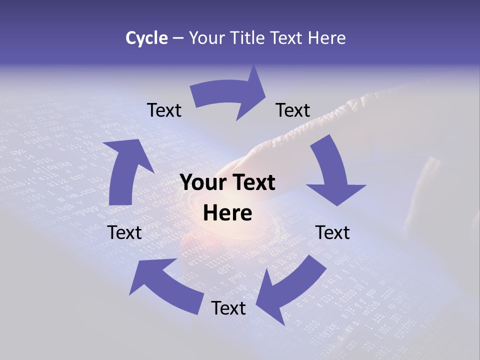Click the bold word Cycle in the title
[146, 38]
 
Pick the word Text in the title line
[287, 38]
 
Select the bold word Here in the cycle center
[227, 213]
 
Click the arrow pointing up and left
[165, 285]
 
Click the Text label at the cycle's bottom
[228, 308]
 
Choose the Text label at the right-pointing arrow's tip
[293, 110]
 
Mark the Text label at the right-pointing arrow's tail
[164, 110]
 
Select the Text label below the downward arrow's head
[332, 232]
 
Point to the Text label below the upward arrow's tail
[125, 232]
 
